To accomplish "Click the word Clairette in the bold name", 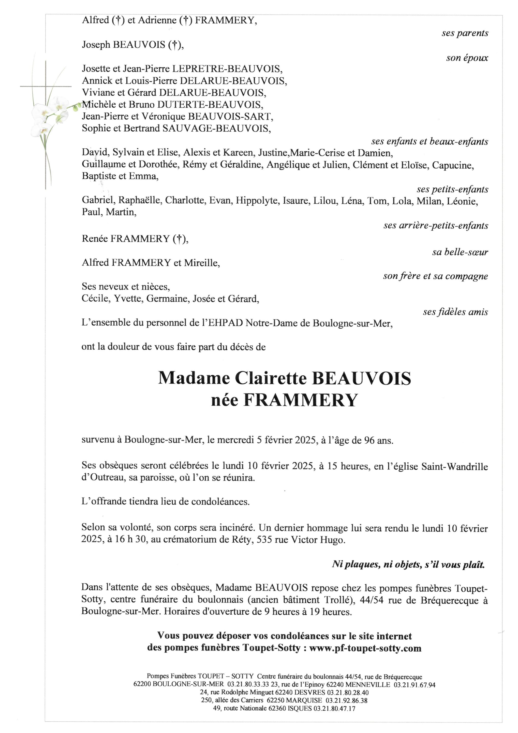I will [271, 378].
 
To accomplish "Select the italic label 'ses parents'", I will [465, 33].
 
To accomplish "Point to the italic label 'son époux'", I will [467, 58].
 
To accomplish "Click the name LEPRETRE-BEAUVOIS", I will [227, 69].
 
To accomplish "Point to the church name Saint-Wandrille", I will [454, 467].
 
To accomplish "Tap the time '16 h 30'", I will [131, 540].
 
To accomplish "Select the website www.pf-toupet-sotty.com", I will [365, 649].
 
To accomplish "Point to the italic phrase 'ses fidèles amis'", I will [455, 312].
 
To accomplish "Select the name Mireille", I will [202, 263].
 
